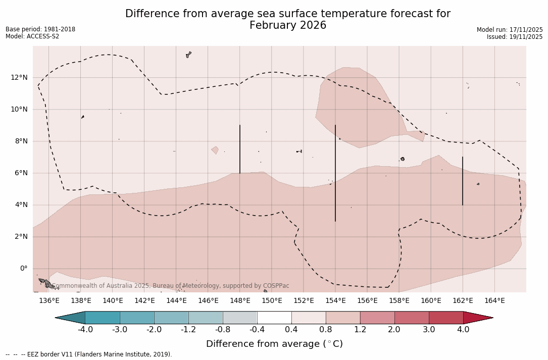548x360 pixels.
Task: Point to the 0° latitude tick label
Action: coord(23,269)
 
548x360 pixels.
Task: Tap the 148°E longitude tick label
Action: coord(240,301)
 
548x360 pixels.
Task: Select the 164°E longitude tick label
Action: coord(494,301)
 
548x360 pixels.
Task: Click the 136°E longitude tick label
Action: coord(49,301)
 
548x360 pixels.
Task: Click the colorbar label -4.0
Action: coord(85,330)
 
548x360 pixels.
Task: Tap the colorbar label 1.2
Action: coord(360,330)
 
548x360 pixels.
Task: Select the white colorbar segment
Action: coord(274,318)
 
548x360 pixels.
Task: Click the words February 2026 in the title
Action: coord(288,25)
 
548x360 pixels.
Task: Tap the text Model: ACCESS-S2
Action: coord(32,36)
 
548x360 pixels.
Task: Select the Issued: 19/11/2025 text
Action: coord(515,37)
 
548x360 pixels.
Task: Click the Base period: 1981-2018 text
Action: coord(40,29)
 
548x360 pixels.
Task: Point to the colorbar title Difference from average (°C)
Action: coord(274,344)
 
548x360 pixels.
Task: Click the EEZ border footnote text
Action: coord(88,354)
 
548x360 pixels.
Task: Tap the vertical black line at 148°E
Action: coord(240,149)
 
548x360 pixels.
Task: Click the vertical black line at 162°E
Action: coord(463,181)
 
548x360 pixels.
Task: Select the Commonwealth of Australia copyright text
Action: coord(171,286)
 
